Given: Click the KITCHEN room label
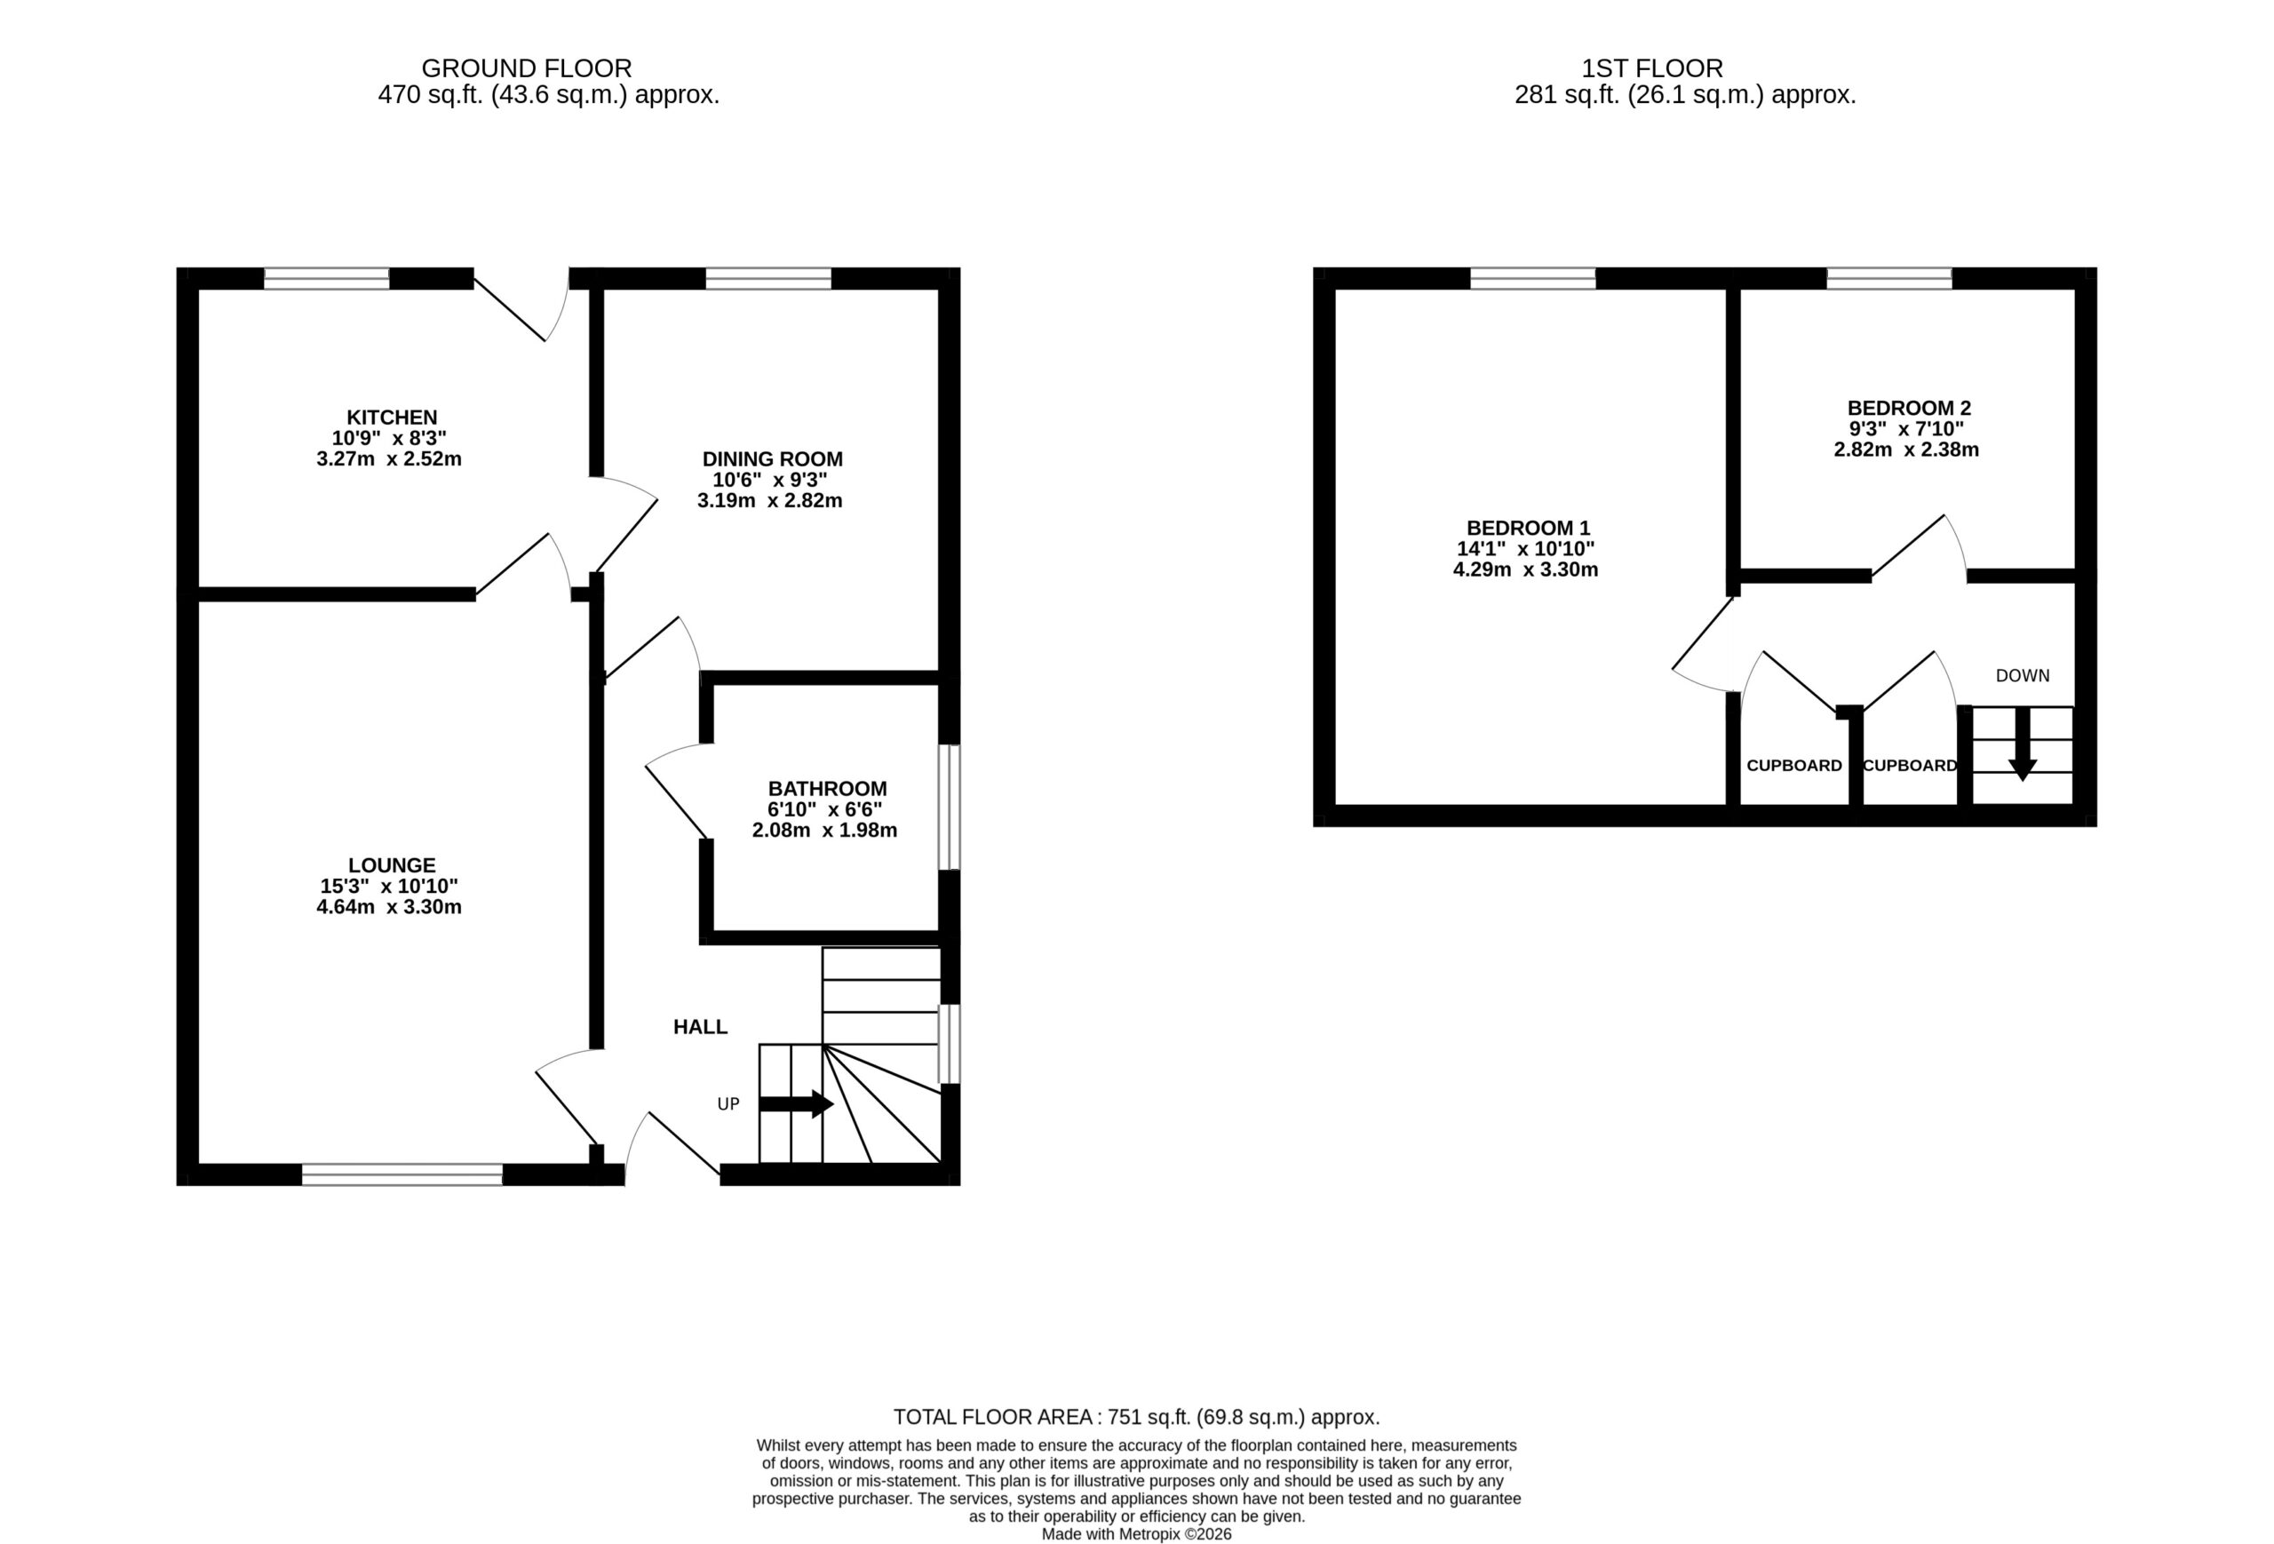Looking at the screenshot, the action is [x=392, y=418].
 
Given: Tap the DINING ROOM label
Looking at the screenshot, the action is [x=772, y=459].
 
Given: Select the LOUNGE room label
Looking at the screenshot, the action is [x=392, y=865].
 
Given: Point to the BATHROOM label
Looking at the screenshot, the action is [x=827, y=789].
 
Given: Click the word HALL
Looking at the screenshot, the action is [x=700, y=1026].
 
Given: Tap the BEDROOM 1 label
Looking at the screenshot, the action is [x=1528, y=529].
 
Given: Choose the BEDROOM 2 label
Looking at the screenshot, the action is [x=1908, y=408].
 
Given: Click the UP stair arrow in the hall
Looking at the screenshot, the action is [x=796, y=1103].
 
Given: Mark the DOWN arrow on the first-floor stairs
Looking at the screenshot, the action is [x=2022, y=743].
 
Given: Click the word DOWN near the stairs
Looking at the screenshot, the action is [x=2022, y=675].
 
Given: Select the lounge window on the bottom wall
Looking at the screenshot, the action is [x=402, y=1174].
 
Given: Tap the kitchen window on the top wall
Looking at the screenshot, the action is [x=327, y=279].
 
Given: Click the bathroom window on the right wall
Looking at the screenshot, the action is [x=950, y=808].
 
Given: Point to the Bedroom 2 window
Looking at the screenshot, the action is [x=1888, y=279].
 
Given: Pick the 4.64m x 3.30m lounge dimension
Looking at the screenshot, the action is [x=388, y=907].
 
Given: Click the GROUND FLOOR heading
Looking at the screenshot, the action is [x=527, y=68].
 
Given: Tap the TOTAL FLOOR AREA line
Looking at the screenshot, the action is [x=1136, y=1416].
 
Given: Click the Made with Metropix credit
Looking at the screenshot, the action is [x=1136, y=1534].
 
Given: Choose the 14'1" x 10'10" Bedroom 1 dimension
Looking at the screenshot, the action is [x=1525, y=549].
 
